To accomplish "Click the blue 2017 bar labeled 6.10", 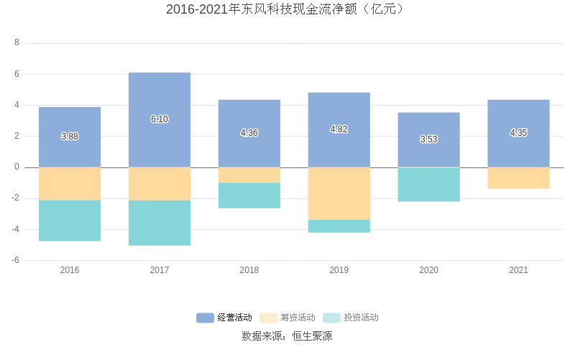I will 160,101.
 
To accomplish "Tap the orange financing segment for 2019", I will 339,193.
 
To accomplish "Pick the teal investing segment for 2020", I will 428,184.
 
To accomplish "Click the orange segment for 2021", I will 518,177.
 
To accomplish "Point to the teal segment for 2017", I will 160,223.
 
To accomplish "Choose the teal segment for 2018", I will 249,195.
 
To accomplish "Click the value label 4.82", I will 339,129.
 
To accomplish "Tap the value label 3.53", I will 428,139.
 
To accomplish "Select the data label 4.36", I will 249,133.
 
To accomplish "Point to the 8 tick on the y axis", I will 17,43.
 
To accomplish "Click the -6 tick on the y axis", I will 15,260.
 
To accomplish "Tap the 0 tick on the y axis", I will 17,167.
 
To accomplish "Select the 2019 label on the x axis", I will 339,270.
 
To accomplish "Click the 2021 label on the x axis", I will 518,270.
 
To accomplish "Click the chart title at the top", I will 287,9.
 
